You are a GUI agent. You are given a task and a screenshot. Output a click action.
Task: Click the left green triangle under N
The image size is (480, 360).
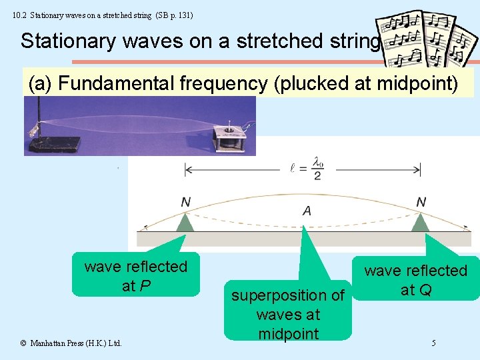click(x=185, y=222)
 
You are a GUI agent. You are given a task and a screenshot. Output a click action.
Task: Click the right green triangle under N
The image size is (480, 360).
click(x=420, y=222)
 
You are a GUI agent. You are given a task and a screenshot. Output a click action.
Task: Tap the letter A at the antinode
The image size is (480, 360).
click(x=307, y=211)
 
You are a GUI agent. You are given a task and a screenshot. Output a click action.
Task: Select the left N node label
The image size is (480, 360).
click(x=185, y=201)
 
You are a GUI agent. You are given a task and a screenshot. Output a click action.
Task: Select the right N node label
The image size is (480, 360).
click(x=421, y=201)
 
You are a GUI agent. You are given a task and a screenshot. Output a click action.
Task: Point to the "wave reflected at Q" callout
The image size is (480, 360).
click(x=416, y=280)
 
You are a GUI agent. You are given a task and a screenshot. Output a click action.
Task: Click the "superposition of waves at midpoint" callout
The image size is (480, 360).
click(x=288, y=313)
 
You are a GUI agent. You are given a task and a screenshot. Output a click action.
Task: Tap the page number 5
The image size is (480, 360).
click(x=434, y=343)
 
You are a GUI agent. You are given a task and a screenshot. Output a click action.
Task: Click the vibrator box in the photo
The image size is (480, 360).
click(x=229, y=137)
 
